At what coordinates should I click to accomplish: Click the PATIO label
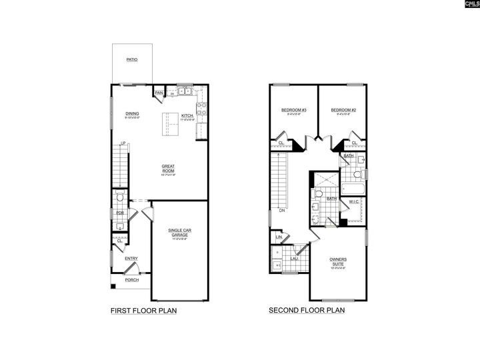[x=131, y=59]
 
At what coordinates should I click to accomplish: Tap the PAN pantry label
[x=159, y=93]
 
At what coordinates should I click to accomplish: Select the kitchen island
[x=171, y=123]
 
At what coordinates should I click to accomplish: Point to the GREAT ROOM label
[x=168, y=169]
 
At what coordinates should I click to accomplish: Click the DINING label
[x=131, y=114]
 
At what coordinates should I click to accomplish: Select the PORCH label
[x=131, y=280]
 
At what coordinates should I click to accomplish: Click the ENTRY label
[x=131, y=259]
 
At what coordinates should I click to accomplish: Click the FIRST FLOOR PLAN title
[x=143, y=310]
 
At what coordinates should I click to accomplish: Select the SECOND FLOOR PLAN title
[x=307, y=310]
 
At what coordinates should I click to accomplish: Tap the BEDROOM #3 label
[x=293, y=110]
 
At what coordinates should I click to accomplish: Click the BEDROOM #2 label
[x=343, y=110]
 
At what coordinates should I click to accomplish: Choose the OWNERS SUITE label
[x=338, y=261]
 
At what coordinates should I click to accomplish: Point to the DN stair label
[x=282, y=211]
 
